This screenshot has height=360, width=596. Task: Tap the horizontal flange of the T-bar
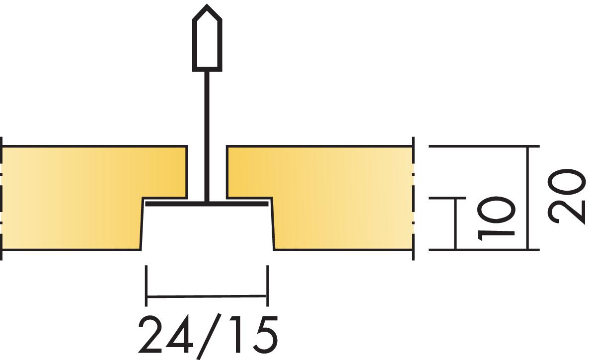pyautogui.click(x=207, y=204)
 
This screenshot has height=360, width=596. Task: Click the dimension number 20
pyautogui.click(x=567, y=196)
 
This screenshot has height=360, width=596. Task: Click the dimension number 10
pyautogui.click(x=497, y=218)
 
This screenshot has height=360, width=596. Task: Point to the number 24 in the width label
pyautogui.click(x=165, y=335)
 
